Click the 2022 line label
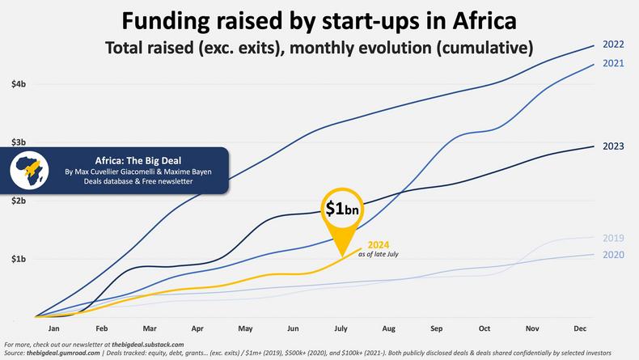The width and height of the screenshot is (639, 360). click(614, 44)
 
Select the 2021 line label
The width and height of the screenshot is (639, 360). click(614, 63)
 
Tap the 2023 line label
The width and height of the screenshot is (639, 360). click(614, 146)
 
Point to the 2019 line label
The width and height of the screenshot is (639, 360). click(614, 238)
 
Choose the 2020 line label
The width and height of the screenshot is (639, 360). click(614, 255)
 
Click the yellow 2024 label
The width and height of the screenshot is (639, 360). click(379, 245)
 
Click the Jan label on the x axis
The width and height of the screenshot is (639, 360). click(54, 329)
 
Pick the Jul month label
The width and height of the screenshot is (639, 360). click(341, 329)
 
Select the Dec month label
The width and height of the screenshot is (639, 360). click(579, 329)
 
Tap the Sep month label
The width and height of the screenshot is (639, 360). click(436, 329)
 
